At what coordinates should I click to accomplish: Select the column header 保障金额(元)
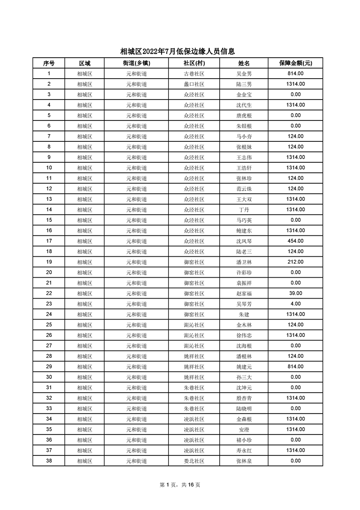click(295, 63)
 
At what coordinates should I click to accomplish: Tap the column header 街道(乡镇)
click(136, 63)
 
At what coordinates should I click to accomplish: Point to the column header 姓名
click(244, 63)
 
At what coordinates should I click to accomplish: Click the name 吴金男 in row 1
click(244, 74)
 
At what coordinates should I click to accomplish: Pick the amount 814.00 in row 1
click(296, 74)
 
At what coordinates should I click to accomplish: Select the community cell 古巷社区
click(194, 74)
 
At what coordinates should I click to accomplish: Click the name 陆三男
click(244, 84)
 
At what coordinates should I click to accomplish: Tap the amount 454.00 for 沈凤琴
click(296, 241)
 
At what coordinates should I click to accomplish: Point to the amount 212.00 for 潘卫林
click(296, 262)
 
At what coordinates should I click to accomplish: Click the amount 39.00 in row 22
click(296, 293)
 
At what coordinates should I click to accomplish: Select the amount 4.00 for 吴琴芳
click(296, 304)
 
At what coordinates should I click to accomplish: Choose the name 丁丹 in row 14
click(244, 210)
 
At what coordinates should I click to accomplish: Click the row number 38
click(49, 461)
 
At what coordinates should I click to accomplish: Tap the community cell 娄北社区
click(194, 461)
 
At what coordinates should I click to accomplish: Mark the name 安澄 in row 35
click(244, 430)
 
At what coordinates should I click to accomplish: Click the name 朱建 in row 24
click(244, 314)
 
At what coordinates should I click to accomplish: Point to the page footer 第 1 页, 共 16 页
click(180, 485)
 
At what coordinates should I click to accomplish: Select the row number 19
click(49, 262)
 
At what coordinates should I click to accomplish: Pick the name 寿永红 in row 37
click(244, 450)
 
